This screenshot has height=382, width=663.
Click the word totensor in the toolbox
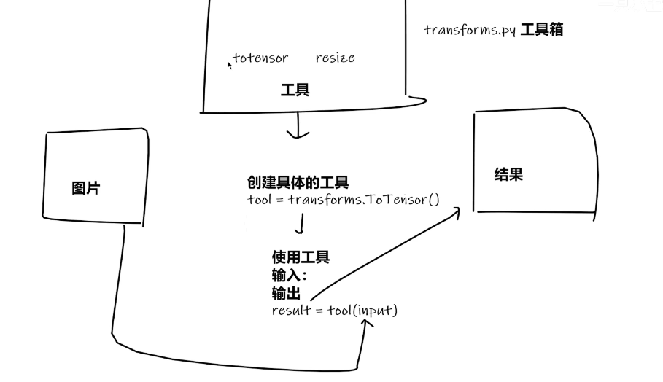coord(261,58)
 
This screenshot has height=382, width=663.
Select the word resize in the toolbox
coord(335,58)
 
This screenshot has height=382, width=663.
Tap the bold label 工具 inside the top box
coord(295,90)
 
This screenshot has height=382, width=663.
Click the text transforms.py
coord(470,31)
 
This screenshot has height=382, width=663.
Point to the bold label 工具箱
coord(541,31)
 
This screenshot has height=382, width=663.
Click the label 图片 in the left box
coord(86,188)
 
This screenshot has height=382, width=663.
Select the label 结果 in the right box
coord(508,175)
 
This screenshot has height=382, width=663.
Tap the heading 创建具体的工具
coord(298,182)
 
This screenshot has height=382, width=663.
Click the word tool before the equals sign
coord(260,199)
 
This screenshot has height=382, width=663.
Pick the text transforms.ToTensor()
coord(364,199)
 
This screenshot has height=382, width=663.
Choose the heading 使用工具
coord(301,257)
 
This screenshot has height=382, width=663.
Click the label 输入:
coord(290,275)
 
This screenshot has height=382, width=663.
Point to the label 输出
coord(286,292)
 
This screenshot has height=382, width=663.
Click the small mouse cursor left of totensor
coord(230,65)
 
